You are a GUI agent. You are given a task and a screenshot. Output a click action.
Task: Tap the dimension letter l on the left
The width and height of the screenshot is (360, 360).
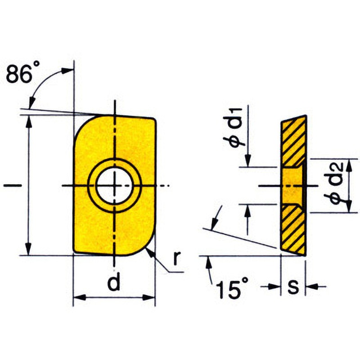pos(8,185)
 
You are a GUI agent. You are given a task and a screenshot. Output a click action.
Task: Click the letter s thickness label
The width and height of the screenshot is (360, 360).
pos(293,287)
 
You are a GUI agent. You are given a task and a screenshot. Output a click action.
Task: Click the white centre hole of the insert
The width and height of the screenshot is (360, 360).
pos(115,185)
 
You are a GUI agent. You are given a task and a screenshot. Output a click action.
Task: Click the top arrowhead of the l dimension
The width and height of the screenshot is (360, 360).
pos(29,119)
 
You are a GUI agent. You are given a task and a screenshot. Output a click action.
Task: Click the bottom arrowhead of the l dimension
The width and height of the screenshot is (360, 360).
pos(29,251)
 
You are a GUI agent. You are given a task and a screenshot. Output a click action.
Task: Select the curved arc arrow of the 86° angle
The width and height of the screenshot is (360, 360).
pos(43,83)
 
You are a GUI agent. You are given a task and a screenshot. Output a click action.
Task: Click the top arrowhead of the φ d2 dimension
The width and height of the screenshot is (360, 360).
pos(349,163)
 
